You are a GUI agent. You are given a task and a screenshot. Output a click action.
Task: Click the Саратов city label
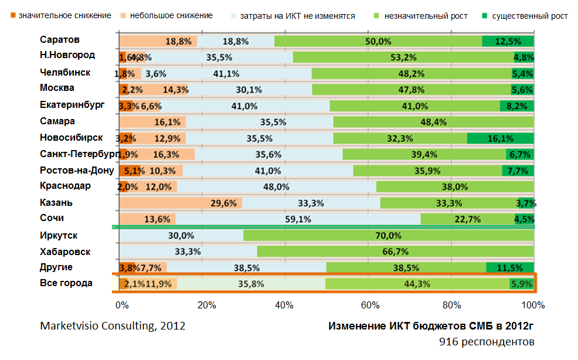click(60, 40)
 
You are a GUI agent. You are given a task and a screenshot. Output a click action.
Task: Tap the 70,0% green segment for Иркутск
click(388, 236)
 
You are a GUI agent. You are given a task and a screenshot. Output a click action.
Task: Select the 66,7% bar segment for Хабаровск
click(395, 252)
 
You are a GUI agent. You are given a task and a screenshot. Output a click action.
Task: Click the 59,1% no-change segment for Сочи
click(299, 219)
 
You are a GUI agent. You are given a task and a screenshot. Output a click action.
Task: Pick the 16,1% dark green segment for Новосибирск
click(500, 138)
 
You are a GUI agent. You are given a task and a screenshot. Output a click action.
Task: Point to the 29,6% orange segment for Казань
click(180, 203)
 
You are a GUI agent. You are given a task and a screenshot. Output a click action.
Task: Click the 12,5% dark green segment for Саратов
click(508, 41)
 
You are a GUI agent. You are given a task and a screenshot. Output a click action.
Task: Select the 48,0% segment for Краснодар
click(277, 187)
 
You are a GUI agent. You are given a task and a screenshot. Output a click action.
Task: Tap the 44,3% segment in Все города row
click(417, 284)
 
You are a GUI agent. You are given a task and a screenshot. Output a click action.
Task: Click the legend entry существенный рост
click(525, 16)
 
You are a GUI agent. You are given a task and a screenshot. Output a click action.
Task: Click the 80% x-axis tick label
click(451, 305)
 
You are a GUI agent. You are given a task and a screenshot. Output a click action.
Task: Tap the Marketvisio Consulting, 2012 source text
click(113, 326)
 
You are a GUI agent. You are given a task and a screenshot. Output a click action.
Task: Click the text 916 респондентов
click(487, 341)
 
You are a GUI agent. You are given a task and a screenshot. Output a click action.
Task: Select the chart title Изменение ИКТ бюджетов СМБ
click(431, 326)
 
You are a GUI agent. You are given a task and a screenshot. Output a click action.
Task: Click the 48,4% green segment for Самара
click(433, 122)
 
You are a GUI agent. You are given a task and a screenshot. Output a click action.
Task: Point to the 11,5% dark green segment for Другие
click(509, 268)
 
